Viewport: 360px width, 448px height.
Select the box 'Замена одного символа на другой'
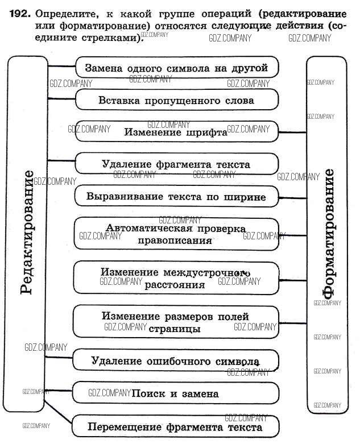(176, 68)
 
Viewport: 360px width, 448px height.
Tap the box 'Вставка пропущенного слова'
(176, 100)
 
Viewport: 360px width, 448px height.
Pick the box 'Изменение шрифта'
(176, 132)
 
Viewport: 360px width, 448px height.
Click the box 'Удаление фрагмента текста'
(176, 164)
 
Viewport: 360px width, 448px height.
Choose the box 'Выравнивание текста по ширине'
(176, 197)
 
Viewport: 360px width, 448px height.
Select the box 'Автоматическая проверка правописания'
(176, 234)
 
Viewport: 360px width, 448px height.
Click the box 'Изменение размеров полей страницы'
(176, 322)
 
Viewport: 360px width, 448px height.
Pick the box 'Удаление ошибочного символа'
(176, 360)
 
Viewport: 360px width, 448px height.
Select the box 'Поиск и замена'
(176, 393)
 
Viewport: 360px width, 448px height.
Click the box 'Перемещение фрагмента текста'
(176, 426)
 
